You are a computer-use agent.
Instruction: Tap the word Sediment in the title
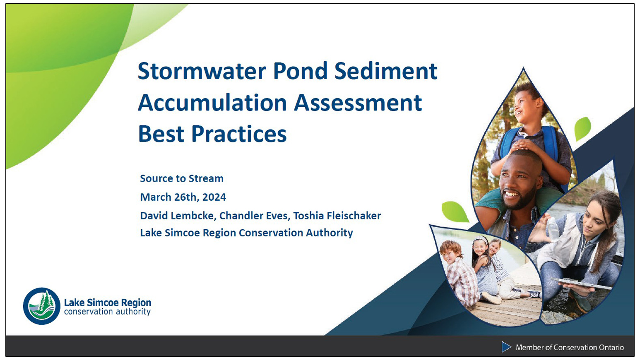(x=385, y=71)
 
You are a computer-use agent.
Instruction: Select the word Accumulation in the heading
(x=212, y=103)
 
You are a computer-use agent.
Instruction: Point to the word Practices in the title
(x=239, y=134)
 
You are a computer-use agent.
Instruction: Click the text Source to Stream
(x=181, y=178)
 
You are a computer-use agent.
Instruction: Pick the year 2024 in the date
(x=214, y=197)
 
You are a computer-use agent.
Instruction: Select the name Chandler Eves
(x=254, y=216)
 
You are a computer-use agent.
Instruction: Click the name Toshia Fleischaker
(x=337, y=216)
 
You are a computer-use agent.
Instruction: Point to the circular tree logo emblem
(x=42, y=306)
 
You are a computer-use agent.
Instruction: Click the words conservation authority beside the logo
(x=107, y=312)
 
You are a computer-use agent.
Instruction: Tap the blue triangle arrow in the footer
(x=506, y=347)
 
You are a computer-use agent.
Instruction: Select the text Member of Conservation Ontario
(x=570, y=347)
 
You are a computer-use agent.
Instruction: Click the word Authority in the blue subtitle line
(x=329, y=233)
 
